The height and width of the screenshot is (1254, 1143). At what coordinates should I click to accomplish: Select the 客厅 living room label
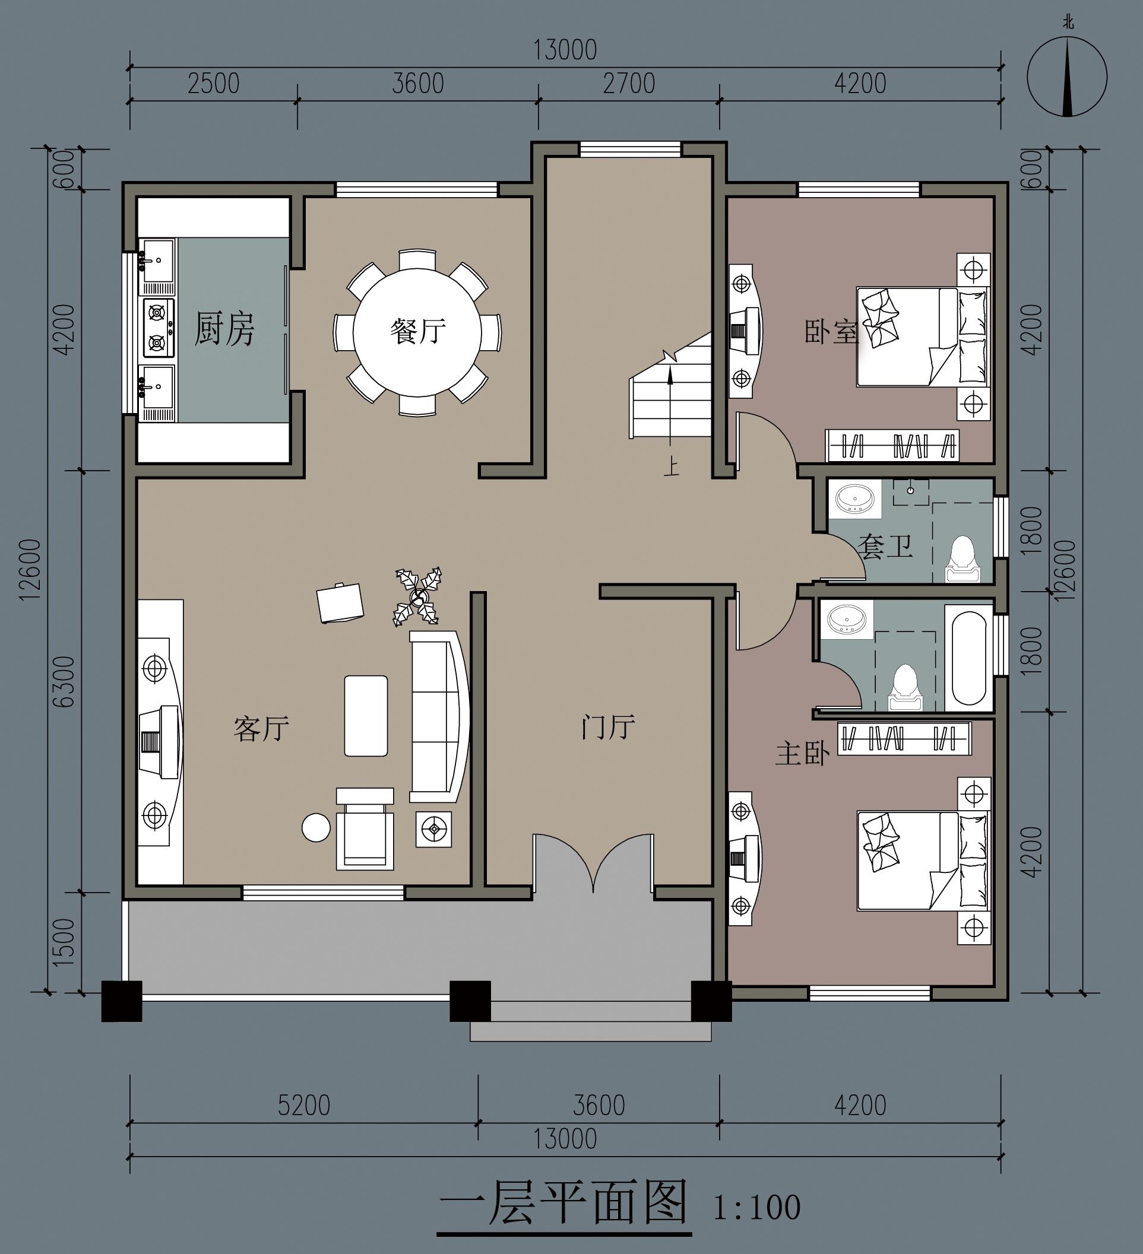point(261,728)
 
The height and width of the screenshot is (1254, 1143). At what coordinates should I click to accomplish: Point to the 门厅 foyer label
point(608,726)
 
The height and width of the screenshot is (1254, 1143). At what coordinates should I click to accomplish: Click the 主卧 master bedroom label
point(803,754)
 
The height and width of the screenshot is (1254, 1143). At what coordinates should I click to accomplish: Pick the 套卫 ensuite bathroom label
point(885,546)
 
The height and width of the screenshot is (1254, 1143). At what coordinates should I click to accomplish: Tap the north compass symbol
point(1067,77)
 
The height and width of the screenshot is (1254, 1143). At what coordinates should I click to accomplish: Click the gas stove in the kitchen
point(159,328)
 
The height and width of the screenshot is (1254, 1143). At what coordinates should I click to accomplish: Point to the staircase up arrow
point(670,405)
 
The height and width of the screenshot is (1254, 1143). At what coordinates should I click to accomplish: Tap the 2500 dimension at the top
point(213,83)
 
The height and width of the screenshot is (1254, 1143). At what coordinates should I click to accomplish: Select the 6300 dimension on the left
point(64,682)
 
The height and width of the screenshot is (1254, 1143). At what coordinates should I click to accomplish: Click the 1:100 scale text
point(756,1207)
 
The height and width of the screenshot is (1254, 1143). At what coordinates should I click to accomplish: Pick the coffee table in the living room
point(366,716)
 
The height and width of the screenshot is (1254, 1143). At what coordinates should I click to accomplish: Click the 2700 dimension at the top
point(629,83)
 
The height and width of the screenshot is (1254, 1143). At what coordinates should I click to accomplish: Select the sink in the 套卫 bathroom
point(855,499)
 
